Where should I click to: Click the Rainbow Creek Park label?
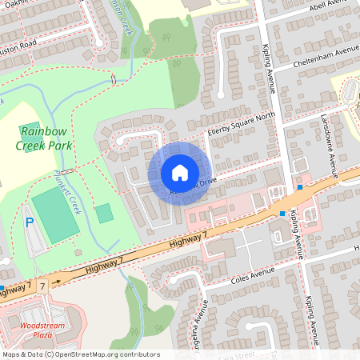point(46,138)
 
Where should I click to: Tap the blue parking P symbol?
point(30,222)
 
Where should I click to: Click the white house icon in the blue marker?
point(180,173)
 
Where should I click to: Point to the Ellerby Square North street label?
point(241,122)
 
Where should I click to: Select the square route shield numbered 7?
point(42,284)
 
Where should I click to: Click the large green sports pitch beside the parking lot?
point(55,217)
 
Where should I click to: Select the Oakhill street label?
point(11,3)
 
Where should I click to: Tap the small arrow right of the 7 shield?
point(57,282)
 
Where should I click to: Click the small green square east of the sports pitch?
point(104,214)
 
